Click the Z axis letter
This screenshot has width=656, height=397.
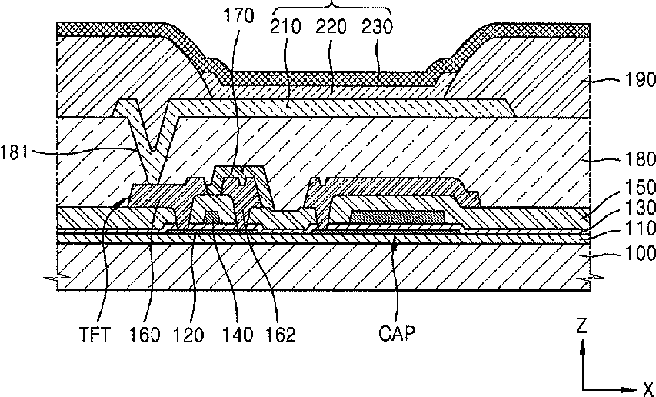582,325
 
